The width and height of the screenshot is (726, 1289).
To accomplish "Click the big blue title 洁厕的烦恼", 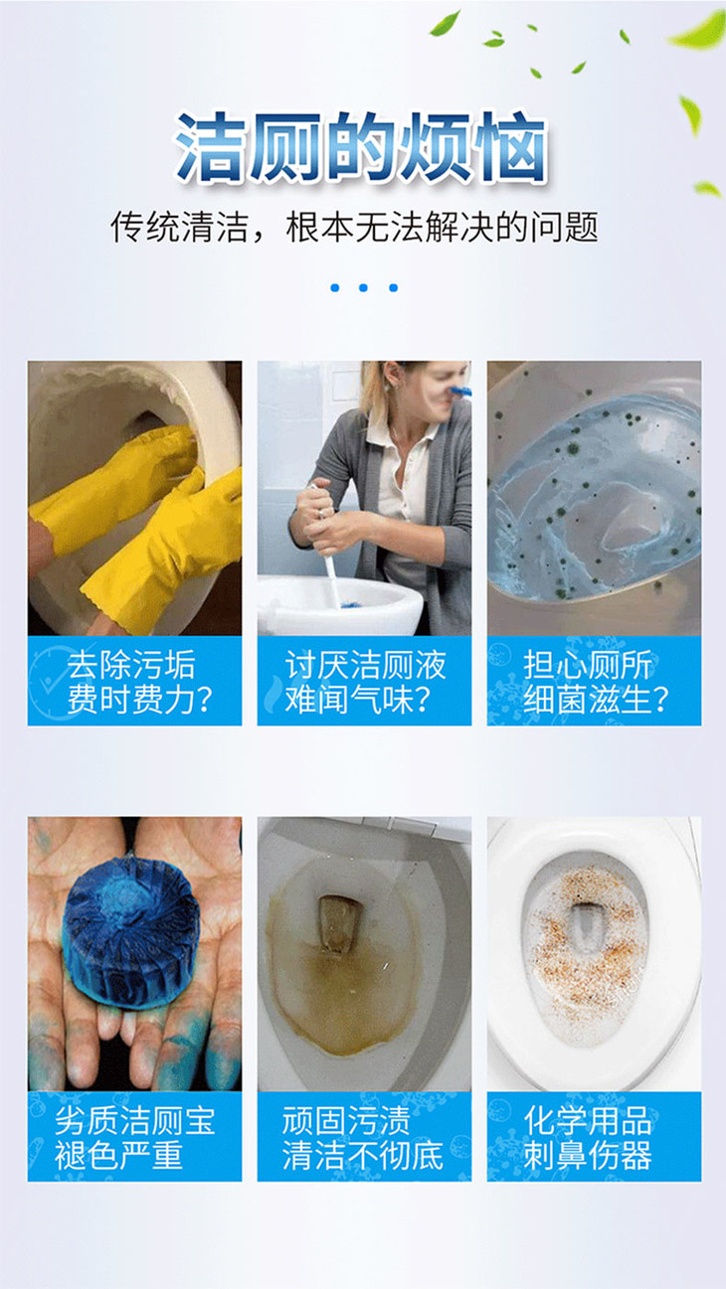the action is pyautogui.click(x=362, y=147).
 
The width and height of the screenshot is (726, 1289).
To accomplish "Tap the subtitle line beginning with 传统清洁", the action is pyautogui.click(x=355, y=227).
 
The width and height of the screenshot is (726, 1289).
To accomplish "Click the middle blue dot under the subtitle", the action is pyautogui.click(x=363, y=288).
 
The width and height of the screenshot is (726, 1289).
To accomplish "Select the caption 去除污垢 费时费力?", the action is pyautogui.click(x=139, y=682).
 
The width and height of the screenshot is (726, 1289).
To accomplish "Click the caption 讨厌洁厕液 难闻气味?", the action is pyautogui.click(x=365, y=682).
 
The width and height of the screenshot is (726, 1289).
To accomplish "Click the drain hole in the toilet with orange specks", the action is pyautogui.click(x=586, y=927).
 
